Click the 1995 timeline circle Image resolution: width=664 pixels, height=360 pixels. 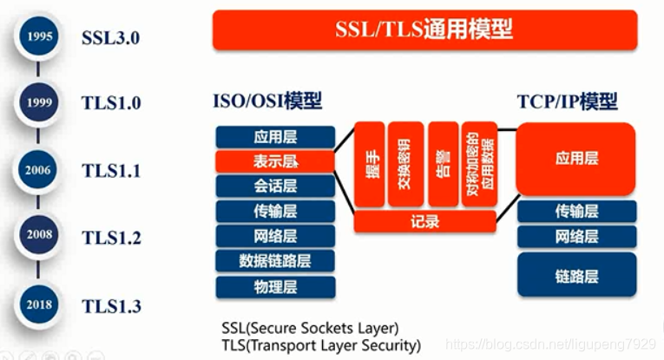coord(38,36)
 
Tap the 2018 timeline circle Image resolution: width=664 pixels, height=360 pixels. coord(38,304)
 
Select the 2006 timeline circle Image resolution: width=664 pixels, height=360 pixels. coord(38,170)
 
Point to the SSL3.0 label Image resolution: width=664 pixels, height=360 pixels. coord(110,38)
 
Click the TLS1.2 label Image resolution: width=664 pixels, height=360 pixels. coord(111,238)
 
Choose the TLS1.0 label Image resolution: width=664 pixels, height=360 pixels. coord(111,103)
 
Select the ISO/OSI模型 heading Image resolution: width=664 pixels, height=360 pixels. coord(266,101)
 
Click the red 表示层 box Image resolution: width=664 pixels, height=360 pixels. coord(275,161)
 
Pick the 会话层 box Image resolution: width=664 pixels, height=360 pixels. coord(275,186)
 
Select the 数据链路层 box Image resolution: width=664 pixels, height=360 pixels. coord(275,260)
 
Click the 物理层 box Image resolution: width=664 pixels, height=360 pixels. coord(275,285)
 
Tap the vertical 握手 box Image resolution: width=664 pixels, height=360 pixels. coord(369,165)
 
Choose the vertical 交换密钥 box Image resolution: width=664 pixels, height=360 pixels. coord(404,165)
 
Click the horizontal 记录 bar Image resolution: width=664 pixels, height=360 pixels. coord(424,222)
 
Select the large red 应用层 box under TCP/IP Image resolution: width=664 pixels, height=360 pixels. coord(576,159)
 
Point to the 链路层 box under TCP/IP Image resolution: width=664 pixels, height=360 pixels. coord(576,276)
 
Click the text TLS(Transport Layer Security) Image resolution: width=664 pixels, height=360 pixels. coord(321,344)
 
